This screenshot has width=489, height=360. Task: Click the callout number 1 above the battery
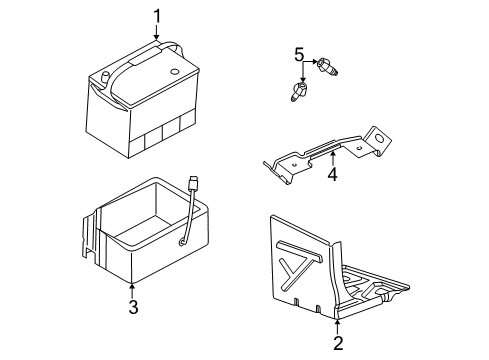point(156,15)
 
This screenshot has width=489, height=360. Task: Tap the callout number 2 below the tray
point(338,343)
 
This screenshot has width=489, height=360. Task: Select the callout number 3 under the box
point(132,306)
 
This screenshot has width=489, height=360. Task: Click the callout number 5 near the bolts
point(297,53)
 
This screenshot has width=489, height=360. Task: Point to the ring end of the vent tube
point(183,240)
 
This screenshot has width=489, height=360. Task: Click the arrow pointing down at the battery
point(156,36)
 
